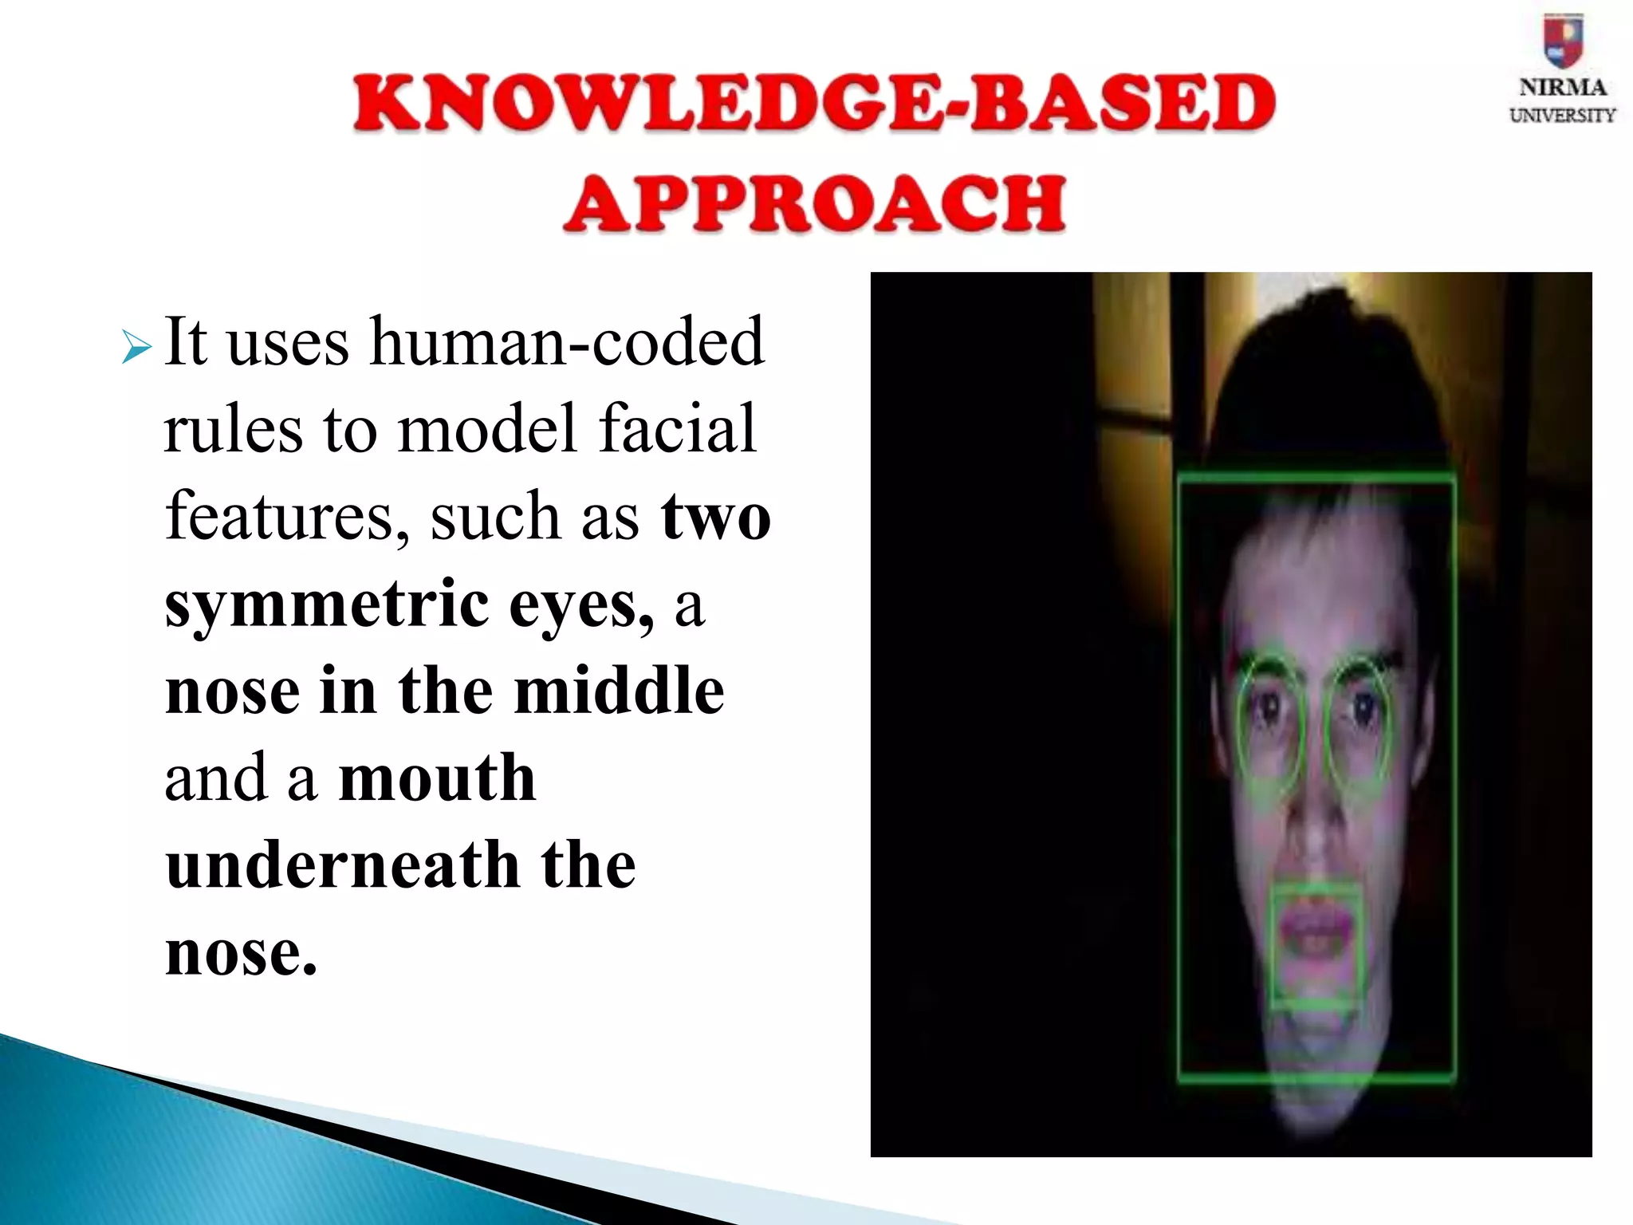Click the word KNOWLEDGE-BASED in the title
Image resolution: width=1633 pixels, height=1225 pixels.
click(814, 104)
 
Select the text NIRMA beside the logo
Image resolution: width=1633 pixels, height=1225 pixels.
click(1562, 88)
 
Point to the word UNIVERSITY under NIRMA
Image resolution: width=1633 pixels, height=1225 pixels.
click(1562, 116)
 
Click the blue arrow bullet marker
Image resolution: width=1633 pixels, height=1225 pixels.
click(136, 348)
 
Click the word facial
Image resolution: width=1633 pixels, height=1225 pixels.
click(677, 428)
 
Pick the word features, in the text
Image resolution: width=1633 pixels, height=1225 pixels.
click(288, 516)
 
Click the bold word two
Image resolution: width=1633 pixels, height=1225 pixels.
click(715, 517)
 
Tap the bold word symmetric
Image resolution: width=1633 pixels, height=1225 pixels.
click(327, 605)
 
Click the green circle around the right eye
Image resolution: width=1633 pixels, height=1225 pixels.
click(1357, 718)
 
